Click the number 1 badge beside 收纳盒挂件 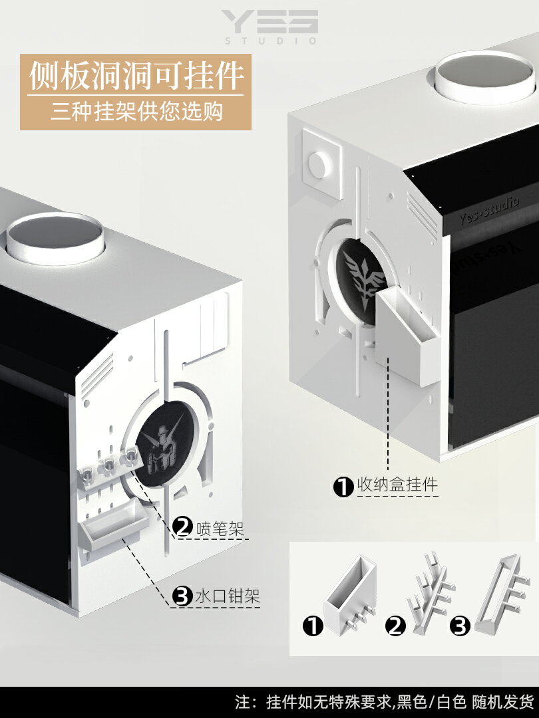tap(343, 487)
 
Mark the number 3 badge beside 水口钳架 tap(182, 596)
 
